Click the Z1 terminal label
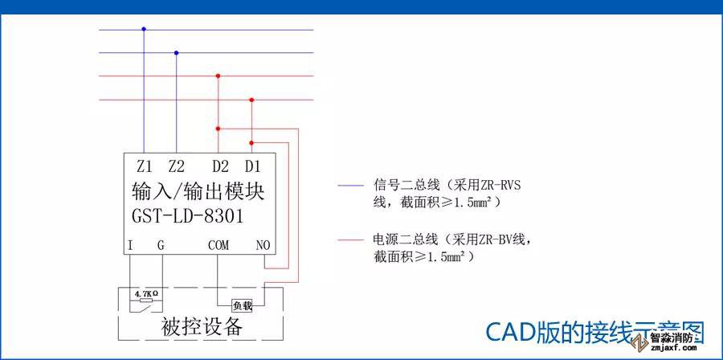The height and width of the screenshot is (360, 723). pyautogui.click(x=145, y=167)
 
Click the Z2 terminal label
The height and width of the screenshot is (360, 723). pyautogui.click(x=177, y=167)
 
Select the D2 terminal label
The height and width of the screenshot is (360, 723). pyautogui.click(x=220, y=167)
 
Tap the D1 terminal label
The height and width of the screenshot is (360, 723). pyautogui.click(x=253, y=167)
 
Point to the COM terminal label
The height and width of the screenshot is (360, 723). pyautogui.click(x=219, y=244)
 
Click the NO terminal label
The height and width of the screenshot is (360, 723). pyautogui.click(x=263, y=244)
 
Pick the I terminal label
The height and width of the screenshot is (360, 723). pyautogui.click(x=130, y=244)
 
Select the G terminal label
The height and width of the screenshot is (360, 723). pyautogui.click(x=161, y=244)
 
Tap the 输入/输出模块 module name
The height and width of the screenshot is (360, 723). pyautogui.click(x=198, y=192)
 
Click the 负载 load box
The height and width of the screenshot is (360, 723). pyautogui.click(x=242, y=305)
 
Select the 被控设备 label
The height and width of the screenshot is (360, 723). pyautogui.click(x=202, y=328)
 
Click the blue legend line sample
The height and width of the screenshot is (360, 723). pyautogui.click(x=351, y=185)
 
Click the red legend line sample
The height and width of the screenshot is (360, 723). pyautogui.click(x=351, y=239)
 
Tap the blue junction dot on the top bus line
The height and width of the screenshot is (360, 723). pyautogui.click(x=144, y=29)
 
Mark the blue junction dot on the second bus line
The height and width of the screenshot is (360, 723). pyautogui.click(x=177, y=53)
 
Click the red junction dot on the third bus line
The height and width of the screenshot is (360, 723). pyautogui.click(x=219, y=76)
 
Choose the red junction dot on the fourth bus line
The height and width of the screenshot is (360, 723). pyautogui.click(x=252, y=100)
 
